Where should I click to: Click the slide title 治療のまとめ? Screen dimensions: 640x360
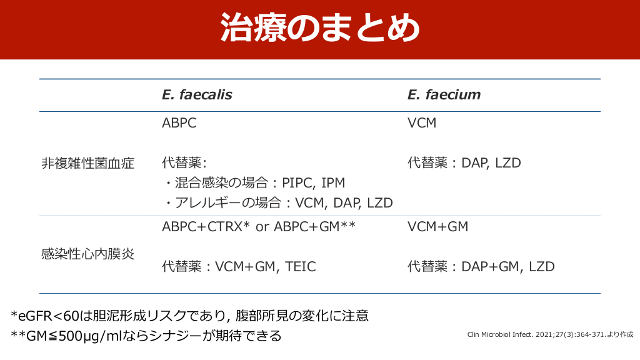(x=320, y=27)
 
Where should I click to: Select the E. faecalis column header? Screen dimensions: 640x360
(x=197, y=95)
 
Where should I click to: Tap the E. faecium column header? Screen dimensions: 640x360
(x=444, y=95)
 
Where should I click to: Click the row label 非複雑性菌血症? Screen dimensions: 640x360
(x=87, y=163)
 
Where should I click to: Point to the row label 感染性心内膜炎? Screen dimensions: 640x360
(x=87, y=254)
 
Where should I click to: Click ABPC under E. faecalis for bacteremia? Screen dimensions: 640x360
(x=179, y=123)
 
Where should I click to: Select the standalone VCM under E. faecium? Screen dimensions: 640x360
(x=422, y=123)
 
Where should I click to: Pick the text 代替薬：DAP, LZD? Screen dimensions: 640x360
(x=464, y=163)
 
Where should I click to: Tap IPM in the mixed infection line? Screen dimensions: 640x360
(x=333, y=183)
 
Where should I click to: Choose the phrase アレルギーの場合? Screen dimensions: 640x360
(x=228, y=203)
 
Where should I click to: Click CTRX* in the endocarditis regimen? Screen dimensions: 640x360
(x=228, y=226)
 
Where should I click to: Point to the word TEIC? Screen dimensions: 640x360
(x=301, y=266)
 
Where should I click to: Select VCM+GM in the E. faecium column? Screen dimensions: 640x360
(x=437, y=226)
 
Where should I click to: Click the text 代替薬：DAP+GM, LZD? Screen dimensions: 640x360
(x=481, y=266)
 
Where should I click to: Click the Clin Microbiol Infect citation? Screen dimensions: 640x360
(x=550, y=335)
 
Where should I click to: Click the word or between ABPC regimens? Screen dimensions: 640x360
(x=262, y=227)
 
